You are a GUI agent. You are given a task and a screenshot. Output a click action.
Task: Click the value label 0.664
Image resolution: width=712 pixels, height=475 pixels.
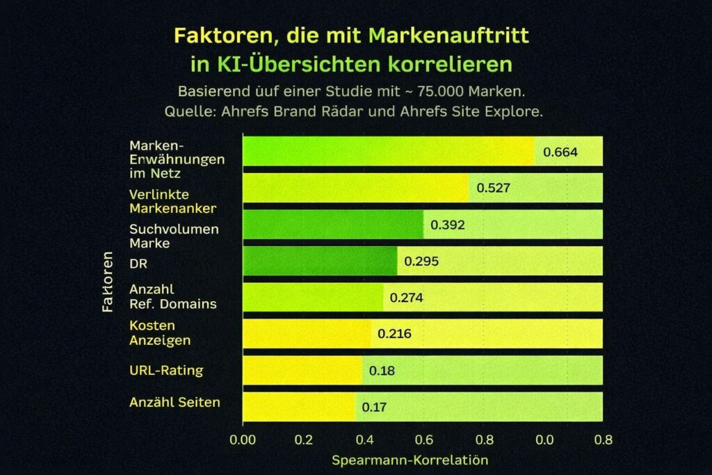click(x=560, y=152)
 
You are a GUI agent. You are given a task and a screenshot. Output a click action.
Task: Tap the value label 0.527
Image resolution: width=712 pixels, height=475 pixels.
click(x=494, y=188)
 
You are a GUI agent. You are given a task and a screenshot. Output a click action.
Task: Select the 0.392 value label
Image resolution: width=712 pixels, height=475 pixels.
click(x=448, y=225)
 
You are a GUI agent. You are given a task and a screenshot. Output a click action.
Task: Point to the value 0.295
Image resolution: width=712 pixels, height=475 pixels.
click(x=421, y=261)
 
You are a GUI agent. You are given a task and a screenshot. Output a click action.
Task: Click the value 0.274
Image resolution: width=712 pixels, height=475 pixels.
click(x=407, y=298)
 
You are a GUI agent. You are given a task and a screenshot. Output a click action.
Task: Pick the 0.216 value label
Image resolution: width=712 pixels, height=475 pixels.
click(x=394, y=334)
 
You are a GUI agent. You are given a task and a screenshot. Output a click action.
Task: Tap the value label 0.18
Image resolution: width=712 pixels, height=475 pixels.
click(x=382, y=371)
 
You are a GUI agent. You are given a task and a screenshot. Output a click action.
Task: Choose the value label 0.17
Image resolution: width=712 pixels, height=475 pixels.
click(x=374, y=407)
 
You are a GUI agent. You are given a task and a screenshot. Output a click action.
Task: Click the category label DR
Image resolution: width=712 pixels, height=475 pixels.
click(x=138, y=263)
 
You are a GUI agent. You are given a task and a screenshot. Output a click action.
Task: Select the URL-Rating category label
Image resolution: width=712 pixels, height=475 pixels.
click(x=166, y=370)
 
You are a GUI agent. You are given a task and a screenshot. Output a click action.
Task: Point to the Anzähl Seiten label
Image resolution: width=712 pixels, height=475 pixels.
click(x=175, y=402)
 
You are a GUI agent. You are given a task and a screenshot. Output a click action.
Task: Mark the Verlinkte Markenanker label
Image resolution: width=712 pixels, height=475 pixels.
click(x=172, y=201)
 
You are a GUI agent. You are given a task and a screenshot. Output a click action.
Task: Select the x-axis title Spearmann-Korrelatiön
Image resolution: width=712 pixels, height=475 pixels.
click(x=410, y=460)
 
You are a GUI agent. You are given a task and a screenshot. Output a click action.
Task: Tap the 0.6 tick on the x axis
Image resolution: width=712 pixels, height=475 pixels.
click(x=423, y=440)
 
